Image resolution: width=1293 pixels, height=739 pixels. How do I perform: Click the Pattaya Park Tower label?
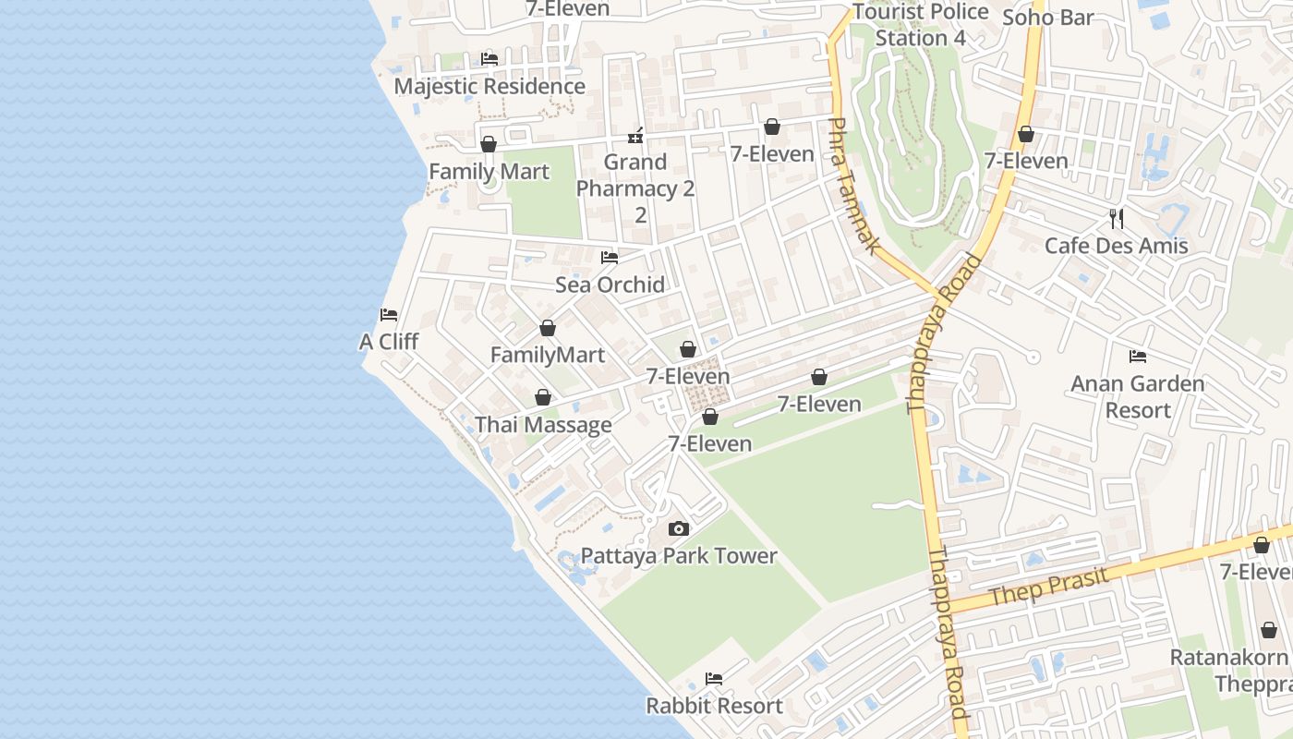coord(679,556)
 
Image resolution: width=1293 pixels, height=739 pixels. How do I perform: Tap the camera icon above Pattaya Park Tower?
coord(679,529)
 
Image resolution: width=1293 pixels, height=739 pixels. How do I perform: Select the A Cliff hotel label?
coord(389,342)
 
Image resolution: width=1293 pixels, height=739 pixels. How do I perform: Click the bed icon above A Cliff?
coord(389,315)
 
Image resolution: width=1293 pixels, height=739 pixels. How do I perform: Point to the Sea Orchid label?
coord(610,285)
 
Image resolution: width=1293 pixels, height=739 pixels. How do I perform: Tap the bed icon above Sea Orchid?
coord(610,258)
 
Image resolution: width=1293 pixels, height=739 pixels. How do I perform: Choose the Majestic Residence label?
coord(489,87)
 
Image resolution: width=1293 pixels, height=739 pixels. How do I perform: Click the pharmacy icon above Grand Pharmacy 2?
coord(635,136)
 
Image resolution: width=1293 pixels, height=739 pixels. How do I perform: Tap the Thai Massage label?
coord(543,425)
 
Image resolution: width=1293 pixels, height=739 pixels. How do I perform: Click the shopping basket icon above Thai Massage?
coord(543,398)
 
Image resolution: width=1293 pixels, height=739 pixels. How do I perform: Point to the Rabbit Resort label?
coord(714,707)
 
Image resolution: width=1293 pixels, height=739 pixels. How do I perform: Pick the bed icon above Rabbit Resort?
coord(714,679)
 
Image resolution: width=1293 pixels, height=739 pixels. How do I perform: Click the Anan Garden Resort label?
coord(1137,396)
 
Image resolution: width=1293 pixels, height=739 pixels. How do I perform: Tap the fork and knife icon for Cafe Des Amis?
coord(1117,219)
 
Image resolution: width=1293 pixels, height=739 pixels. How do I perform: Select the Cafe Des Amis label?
coord(1117,246)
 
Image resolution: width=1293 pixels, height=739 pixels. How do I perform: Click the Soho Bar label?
coord(1047,18)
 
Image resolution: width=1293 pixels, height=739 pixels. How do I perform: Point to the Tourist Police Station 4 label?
coord(921,25)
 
